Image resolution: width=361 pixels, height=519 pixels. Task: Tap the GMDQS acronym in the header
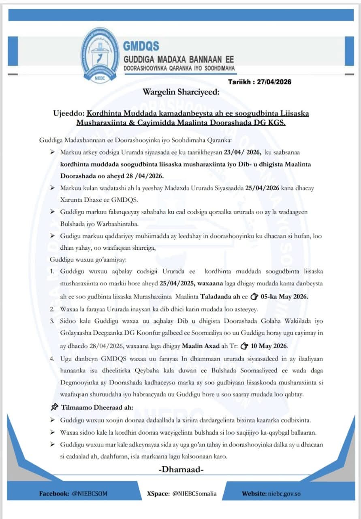click(x=141, y=45)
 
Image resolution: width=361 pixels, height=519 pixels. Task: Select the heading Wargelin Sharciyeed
click(x=181, y=92)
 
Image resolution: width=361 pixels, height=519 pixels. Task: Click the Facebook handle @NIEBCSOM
click(x=90, y=493)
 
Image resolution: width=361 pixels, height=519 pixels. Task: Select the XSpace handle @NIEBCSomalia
click(x=194, y=493)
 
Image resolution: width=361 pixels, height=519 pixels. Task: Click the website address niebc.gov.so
click(x=286, y=493)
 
